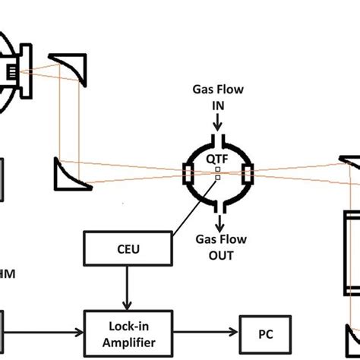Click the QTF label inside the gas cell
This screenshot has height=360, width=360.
click(x=219, y=158)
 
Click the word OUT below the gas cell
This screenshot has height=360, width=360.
click(x=219, y=255)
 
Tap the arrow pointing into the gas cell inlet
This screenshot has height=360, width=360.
click(x=218, y=122)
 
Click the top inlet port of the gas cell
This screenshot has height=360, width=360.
click(x=218, y=141)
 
